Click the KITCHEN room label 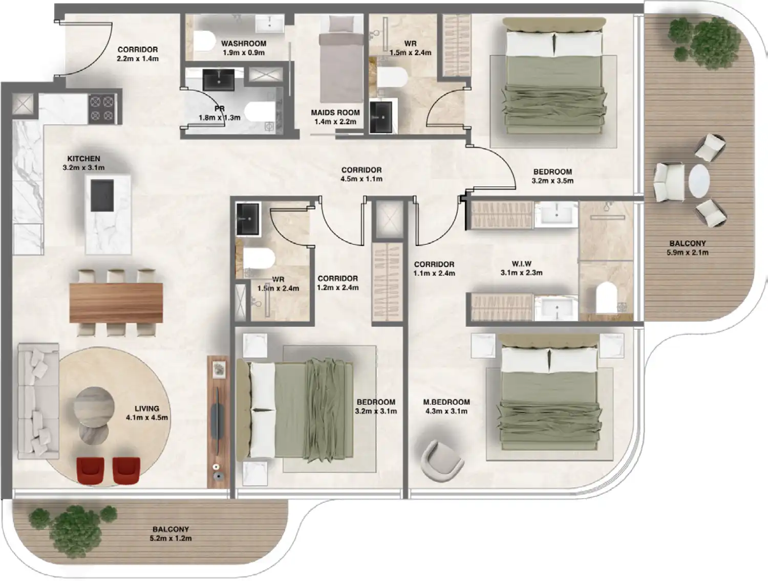(83, 159)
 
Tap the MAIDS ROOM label (335, 113)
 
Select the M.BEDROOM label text (446, 402)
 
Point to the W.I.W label (521, 264)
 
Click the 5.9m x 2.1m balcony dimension (687, 253)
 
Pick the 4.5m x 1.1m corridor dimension (361, 179)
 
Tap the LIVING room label (146, 408)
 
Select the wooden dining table (116, 302)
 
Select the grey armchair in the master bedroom (441, 461)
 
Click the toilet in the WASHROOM (205, 41)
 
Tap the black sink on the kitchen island (102, 195)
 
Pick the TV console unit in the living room (218, 422)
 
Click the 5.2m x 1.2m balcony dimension (170, 539)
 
